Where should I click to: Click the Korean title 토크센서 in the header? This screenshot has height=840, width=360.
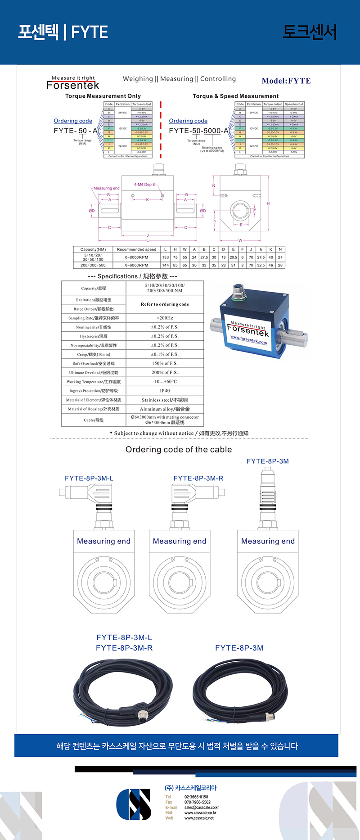coord(309,32)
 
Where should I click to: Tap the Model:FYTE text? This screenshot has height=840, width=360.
coord(286,81)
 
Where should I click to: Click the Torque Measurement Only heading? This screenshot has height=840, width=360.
coord(103,96)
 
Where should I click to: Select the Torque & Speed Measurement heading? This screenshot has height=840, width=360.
coord(235,96)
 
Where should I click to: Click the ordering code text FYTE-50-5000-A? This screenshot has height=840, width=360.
coord(199,131)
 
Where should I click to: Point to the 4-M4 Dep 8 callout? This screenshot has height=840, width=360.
coord(144,185)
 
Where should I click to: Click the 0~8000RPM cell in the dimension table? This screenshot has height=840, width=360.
coord(136,257)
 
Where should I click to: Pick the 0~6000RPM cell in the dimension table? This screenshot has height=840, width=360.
coord(136,265)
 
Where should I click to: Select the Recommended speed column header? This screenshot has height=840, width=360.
coord(136,249)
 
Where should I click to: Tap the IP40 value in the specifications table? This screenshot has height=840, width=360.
coord(165,391)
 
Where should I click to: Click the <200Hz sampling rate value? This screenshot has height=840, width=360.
coord(165,318)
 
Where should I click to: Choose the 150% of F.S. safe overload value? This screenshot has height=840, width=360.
coord(165,363)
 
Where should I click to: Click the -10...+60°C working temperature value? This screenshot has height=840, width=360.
coord(165,382)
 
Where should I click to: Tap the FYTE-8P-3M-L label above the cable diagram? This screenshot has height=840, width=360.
coord(89,478)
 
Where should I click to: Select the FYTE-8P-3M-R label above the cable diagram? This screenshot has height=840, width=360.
coord(198,478)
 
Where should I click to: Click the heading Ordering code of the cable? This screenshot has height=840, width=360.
coord(179,449)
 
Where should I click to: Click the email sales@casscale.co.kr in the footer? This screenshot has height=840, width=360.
coord(202,807)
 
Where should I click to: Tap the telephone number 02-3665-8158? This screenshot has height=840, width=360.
coord(197,797)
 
